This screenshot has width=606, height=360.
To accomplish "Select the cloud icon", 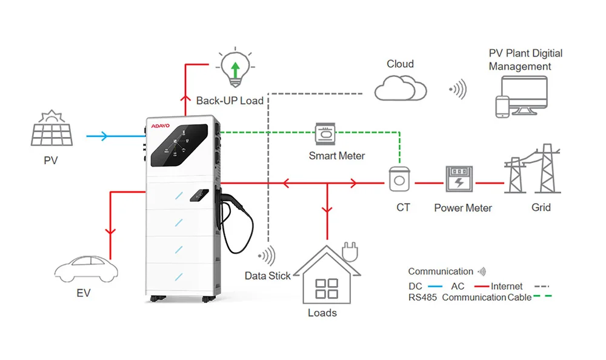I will [401, 88].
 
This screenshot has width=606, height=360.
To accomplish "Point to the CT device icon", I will [400, 180].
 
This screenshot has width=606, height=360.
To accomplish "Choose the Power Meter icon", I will [463, 181].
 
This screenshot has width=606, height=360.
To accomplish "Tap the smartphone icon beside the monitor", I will [501, 106].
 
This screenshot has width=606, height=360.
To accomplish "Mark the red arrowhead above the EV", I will [110, 232].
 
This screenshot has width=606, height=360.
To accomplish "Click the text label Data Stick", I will [268, 276].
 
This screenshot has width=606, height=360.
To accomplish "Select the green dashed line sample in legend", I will [543, 298].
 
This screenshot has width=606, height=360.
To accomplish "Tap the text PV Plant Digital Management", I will [525, 60].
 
